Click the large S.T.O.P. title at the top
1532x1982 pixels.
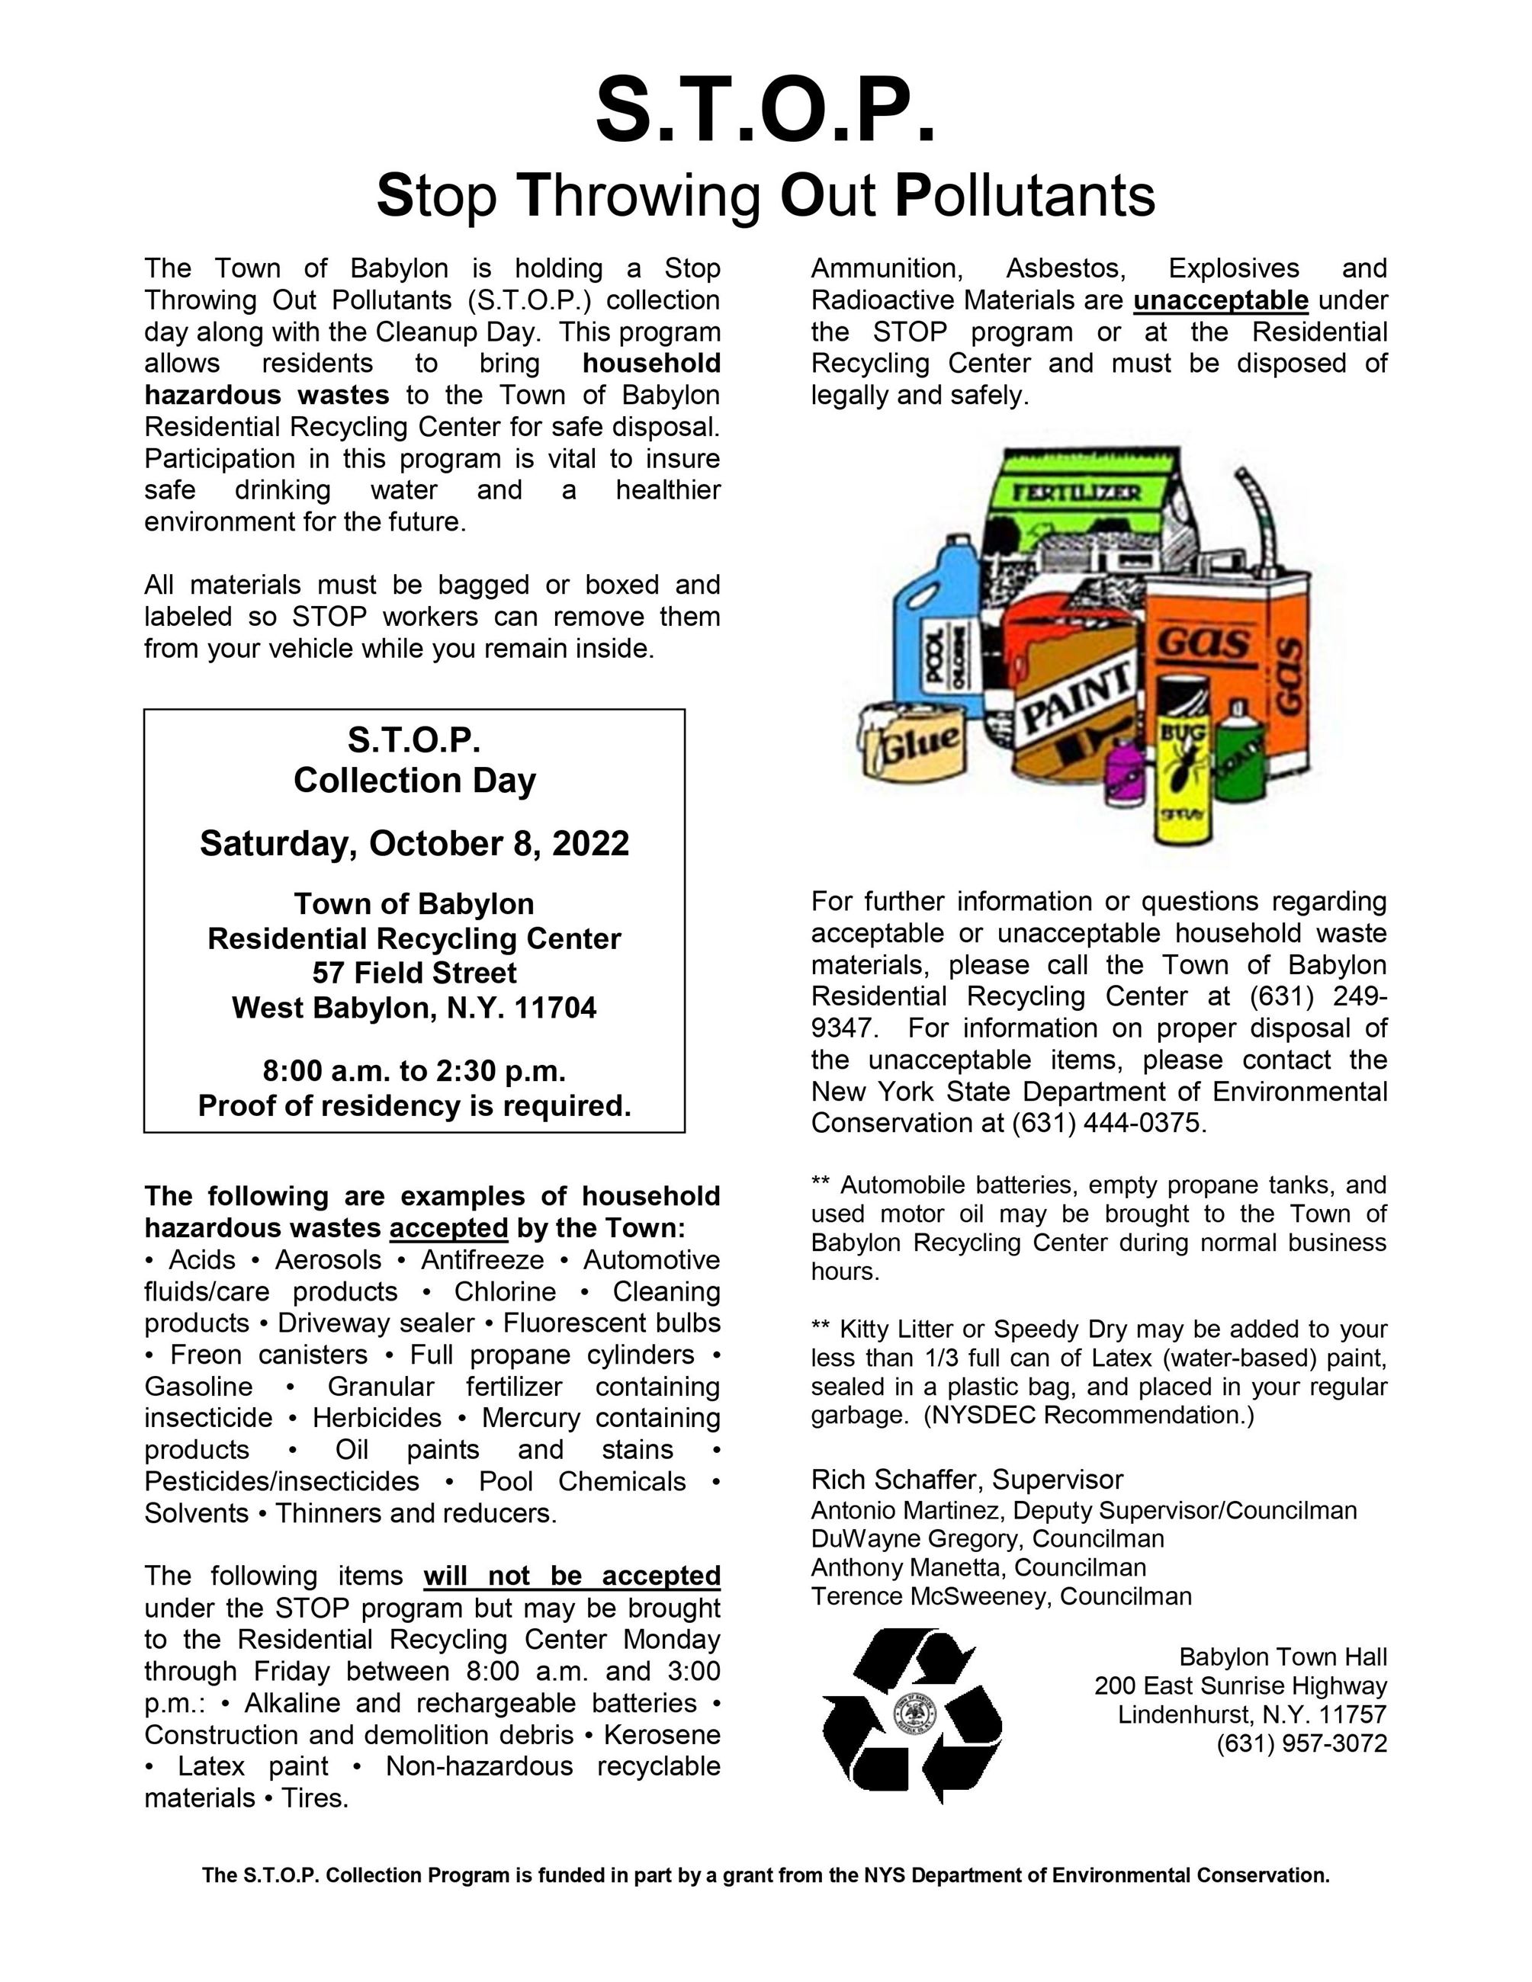pos(765,111)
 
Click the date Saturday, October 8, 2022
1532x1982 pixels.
pos(414,843)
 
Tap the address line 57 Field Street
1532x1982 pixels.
pos(414,973)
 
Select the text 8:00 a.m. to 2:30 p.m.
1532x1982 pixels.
pos(414,1071)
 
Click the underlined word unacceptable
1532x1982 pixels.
pos(1221,300)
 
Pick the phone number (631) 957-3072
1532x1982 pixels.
pos(1302,1743)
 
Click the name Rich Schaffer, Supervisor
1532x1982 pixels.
pos(967,1479)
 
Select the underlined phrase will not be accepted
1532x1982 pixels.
pos(572,1576)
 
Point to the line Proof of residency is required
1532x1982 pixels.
pos(414,1105)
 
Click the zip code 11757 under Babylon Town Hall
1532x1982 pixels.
pos(1352,1714)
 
